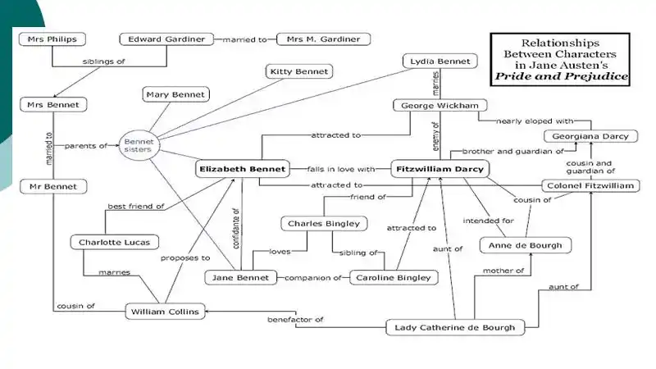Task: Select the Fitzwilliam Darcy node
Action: [440, 169]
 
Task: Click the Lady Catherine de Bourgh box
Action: [453, 328]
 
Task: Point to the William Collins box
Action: [163, 312]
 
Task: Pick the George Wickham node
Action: [440, 106]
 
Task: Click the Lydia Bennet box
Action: [440, 61]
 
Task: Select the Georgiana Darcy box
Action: [590, 137]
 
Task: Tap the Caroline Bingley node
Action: [394, 278]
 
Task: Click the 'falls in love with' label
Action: [339, 169]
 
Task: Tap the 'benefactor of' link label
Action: [296, 319]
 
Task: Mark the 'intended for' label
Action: [488, 221]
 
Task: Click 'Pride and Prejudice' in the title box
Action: [560, 76]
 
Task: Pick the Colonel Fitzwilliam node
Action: [590, 186]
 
